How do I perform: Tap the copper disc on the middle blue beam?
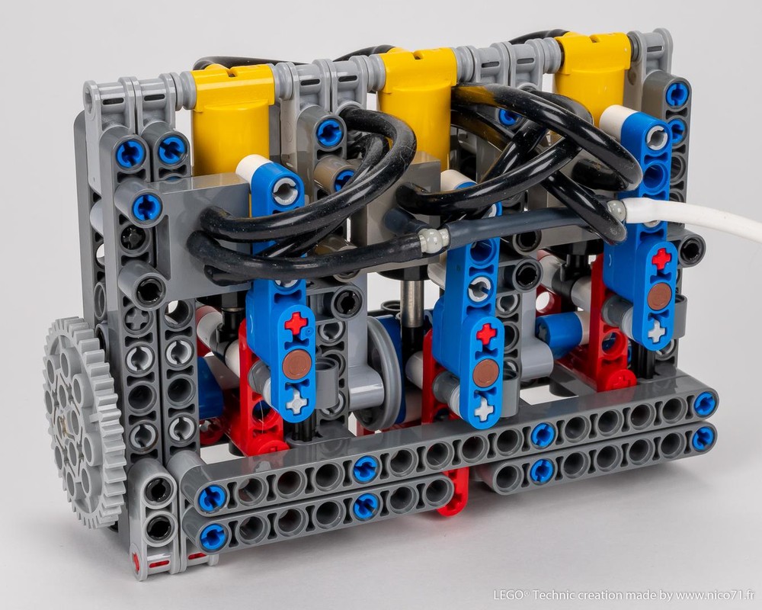point(485,374)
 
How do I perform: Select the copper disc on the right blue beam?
point(660,295)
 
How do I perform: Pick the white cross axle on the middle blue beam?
point(485,410)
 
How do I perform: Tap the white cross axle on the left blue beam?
point(296,401)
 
